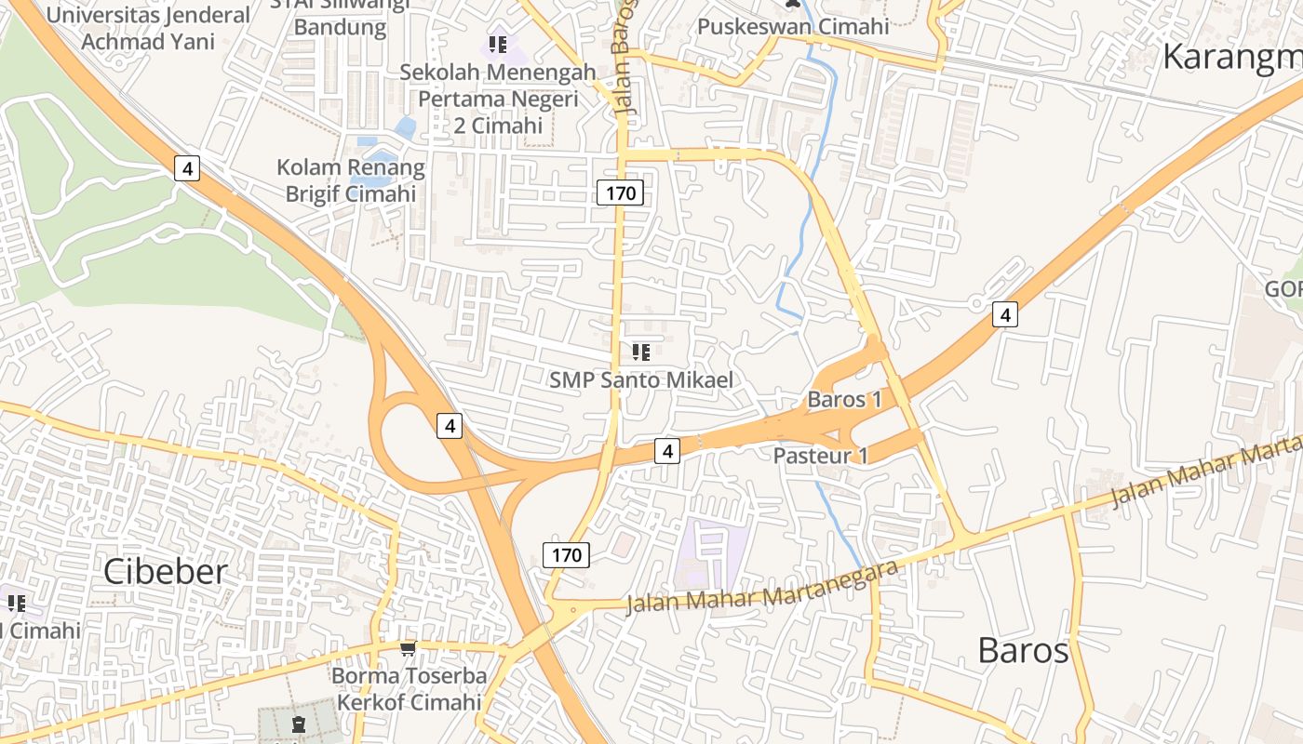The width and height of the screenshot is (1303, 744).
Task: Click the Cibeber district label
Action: [x=165, y=571]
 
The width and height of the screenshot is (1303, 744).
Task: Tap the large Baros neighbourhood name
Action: [x=1023, y=650]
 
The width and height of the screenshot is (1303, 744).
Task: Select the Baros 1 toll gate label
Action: [x=844, y=400]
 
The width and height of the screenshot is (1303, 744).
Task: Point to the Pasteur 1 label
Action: [x=820, y=456]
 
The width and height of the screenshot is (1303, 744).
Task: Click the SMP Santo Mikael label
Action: [x=641, y=379]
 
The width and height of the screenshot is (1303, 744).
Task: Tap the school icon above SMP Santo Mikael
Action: [x=640, y=352]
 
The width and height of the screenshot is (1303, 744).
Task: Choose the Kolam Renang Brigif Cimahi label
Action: [x=350, y=180]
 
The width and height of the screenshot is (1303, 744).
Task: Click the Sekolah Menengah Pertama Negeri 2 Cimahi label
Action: [x=498, y=98]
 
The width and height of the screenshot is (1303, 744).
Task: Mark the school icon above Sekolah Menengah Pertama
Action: [x=498, y=44]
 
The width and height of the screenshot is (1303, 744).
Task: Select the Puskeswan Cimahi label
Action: [x=793, y=26]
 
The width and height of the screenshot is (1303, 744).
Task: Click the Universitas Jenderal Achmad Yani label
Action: [x=148, y=28]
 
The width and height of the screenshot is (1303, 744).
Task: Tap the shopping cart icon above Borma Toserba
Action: [x=408, y=647]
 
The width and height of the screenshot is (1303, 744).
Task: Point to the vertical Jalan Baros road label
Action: [x=625, y=56]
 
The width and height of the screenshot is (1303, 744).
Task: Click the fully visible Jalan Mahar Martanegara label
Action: [x=763, y=588]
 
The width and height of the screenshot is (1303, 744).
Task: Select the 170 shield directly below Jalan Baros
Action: [x=620, y=193]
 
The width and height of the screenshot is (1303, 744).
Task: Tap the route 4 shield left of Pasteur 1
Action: [x=666, y=451]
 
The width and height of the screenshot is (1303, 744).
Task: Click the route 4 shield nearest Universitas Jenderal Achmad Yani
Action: [x=187, y=168]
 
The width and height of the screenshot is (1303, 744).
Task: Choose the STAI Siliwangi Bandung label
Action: [x=340, y=17]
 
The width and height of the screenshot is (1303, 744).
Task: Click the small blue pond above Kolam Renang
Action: [x=406, y=127]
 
